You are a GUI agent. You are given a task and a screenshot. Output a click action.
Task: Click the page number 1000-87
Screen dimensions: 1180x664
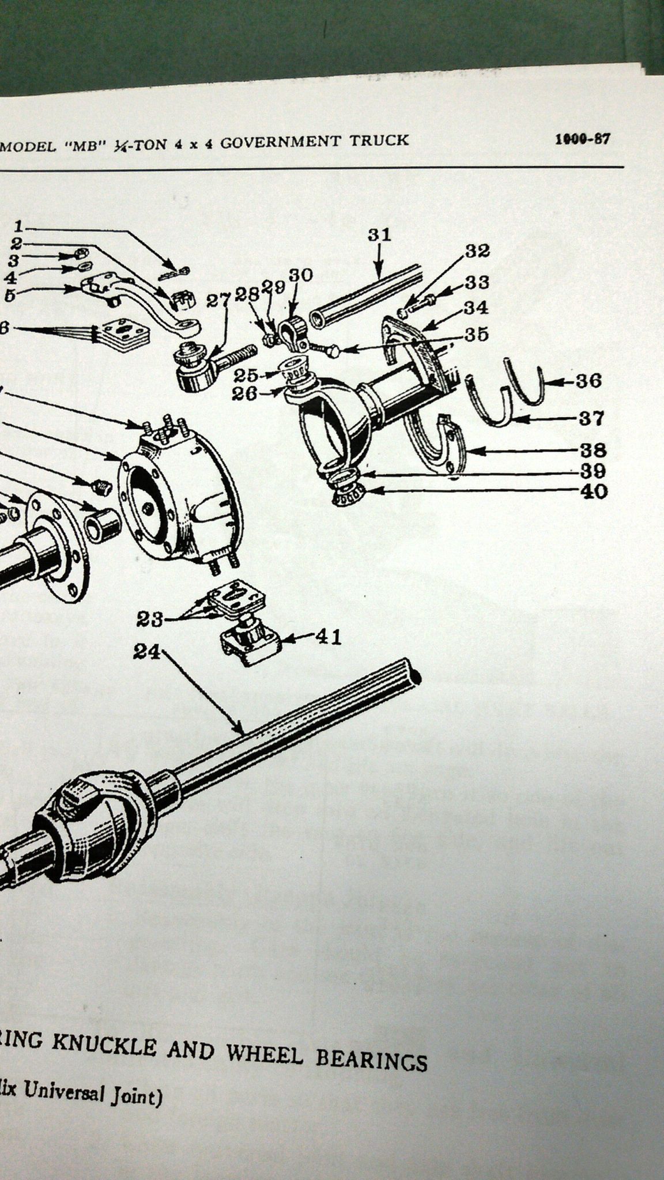click(582, 139)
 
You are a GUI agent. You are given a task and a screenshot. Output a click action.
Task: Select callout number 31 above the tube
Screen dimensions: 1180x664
click(379, 235)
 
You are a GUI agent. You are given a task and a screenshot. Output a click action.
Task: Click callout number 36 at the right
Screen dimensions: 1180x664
click(588, 381)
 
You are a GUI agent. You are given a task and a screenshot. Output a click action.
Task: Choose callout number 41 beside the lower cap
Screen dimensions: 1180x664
click(328, 637)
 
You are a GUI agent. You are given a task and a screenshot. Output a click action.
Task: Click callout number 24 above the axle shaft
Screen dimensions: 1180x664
click(148, 651)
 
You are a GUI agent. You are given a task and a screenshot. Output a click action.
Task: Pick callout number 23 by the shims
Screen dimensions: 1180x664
click(150, 619)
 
